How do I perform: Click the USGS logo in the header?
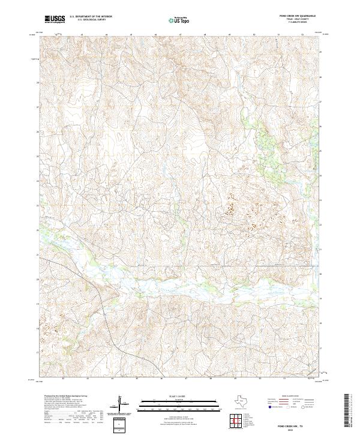55,19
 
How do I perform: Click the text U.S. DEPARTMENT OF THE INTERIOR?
91,17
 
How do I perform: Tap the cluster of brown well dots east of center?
230,210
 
